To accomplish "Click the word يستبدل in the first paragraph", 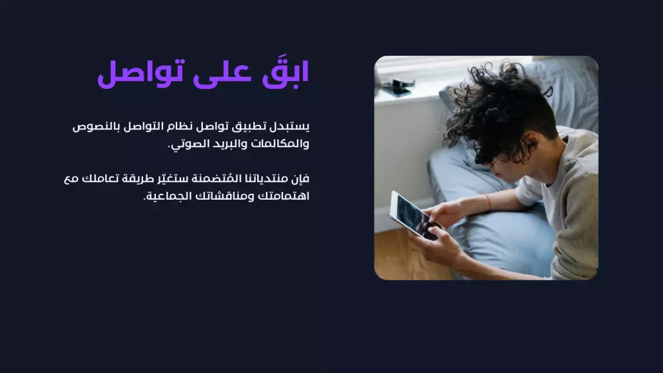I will [291, 125].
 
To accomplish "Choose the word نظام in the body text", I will [183, 125].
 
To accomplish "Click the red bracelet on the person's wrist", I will [488, 201].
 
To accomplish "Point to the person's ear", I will [525, 142].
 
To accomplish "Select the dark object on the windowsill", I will [398, 87].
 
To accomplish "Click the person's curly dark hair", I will [497, 106].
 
